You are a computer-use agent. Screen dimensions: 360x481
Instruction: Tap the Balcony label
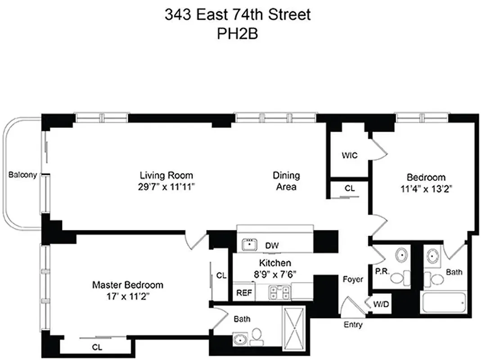22,175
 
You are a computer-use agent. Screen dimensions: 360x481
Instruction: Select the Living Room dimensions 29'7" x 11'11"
166,186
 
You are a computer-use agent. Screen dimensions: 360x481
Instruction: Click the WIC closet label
349,156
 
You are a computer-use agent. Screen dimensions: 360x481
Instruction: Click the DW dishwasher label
272,246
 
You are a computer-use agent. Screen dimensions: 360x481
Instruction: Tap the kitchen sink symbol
249,244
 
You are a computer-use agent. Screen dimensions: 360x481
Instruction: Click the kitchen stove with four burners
279,292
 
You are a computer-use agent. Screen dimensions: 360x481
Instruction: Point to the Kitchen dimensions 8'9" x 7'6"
274,273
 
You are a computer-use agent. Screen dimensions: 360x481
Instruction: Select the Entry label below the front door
353,324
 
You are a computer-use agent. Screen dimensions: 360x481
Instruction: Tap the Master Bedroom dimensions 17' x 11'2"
127,297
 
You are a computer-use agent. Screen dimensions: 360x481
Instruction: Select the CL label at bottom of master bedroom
96,347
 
